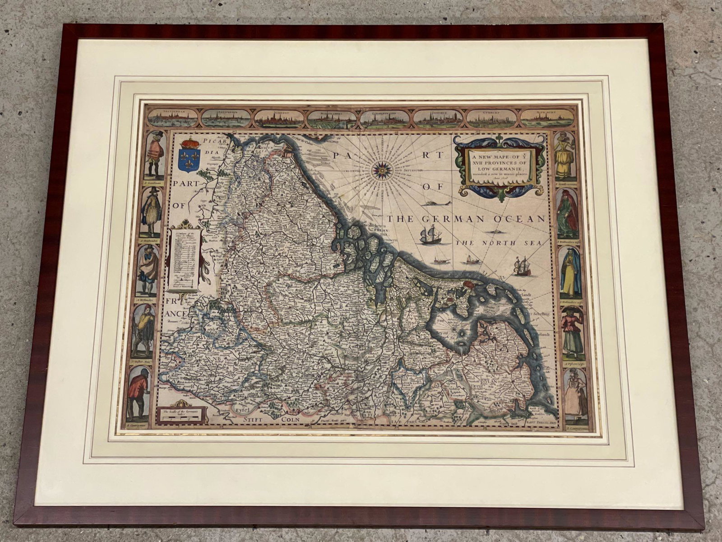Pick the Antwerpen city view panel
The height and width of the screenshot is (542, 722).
point(226,117)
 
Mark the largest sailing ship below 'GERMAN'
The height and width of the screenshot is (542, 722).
point(430,235)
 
